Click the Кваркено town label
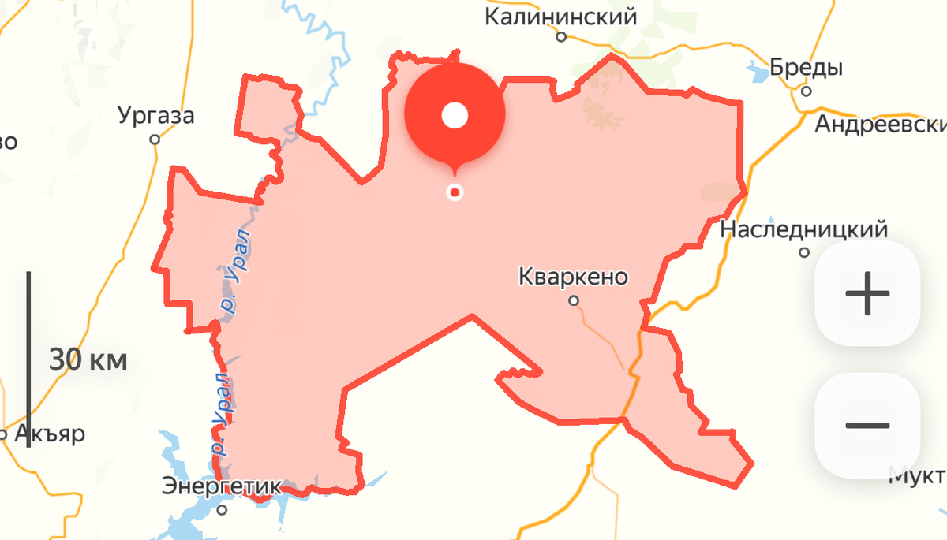(573, 277)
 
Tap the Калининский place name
(560, 17)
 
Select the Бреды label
(806, 68)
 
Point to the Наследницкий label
(804, 229)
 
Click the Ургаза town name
(155, 116)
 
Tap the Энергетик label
(221, 486)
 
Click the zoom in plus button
(867, 292)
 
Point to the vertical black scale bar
(28, 359)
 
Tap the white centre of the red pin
(455, 117)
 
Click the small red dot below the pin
(455, 192)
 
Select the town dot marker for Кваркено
(575, 300)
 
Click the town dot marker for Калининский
(561, 37)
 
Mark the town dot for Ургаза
(155, 140)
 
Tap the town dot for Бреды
(806, 91)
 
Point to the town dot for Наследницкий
(804, 253)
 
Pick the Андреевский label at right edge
(880, 124)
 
